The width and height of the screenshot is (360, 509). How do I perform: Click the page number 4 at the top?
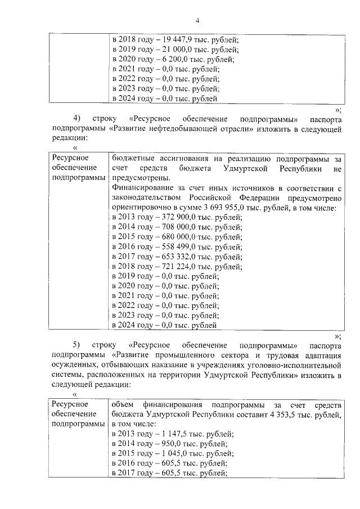[197, 21]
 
